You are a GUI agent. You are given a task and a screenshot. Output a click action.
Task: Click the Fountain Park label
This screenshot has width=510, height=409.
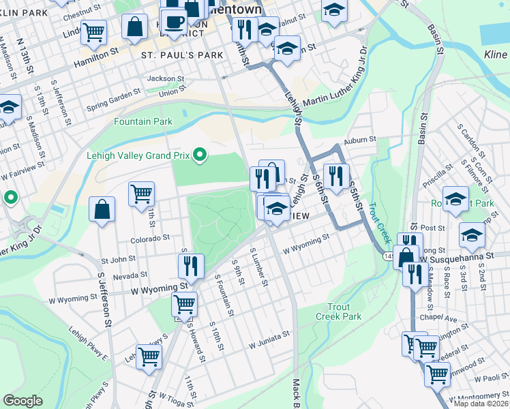click(x=143, y=121)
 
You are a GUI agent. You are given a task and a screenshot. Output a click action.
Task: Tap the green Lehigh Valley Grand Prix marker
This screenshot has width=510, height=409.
click(x=200, y=155)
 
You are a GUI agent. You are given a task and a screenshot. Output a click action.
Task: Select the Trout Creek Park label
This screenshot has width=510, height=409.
click(x=339, y=312)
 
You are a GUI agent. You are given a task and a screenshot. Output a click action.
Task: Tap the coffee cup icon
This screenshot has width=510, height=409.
click(x=174, y=21)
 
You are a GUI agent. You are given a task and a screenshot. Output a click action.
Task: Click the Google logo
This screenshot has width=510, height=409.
click(x=22, y=401)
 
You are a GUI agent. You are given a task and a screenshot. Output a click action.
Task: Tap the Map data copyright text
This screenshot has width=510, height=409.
click(x=481, y=404)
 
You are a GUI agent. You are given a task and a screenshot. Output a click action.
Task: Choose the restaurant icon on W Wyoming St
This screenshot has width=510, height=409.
click(x=192, y=265)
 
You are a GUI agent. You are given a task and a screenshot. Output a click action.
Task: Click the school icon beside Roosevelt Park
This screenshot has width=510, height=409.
click(x=456, y=198)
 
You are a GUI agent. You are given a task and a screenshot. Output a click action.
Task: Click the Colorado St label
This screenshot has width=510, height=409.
click(x=150, y=239)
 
